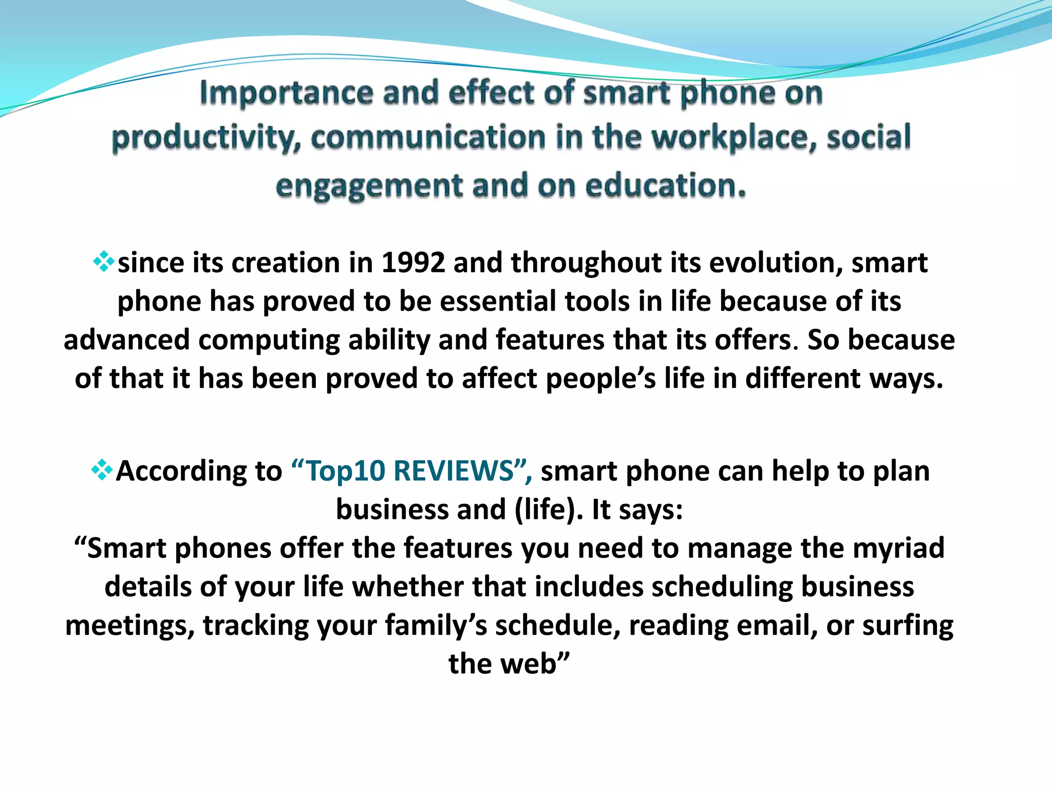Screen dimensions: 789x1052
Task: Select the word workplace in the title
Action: [734, 139]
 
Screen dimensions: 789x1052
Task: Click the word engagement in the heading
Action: [369, 186]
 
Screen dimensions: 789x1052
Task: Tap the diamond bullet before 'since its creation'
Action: [104, 261]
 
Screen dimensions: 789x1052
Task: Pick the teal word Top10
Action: [345, 471]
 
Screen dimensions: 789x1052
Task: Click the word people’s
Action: [600, 379]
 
